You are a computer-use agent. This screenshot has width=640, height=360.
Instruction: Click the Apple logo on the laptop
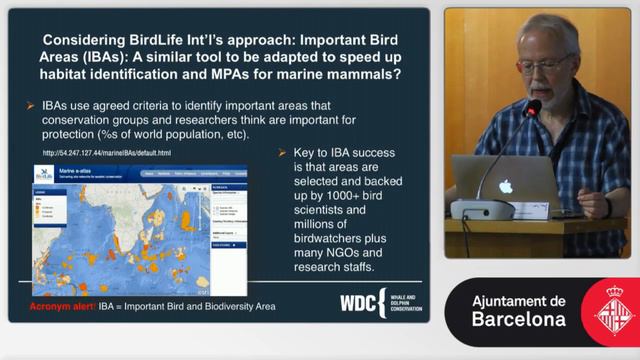(505, 186)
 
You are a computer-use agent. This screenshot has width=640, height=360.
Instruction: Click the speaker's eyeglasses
(546, 63)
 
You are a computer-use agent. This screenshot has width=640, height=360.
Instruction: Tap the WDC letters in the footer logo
(357, 304)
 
